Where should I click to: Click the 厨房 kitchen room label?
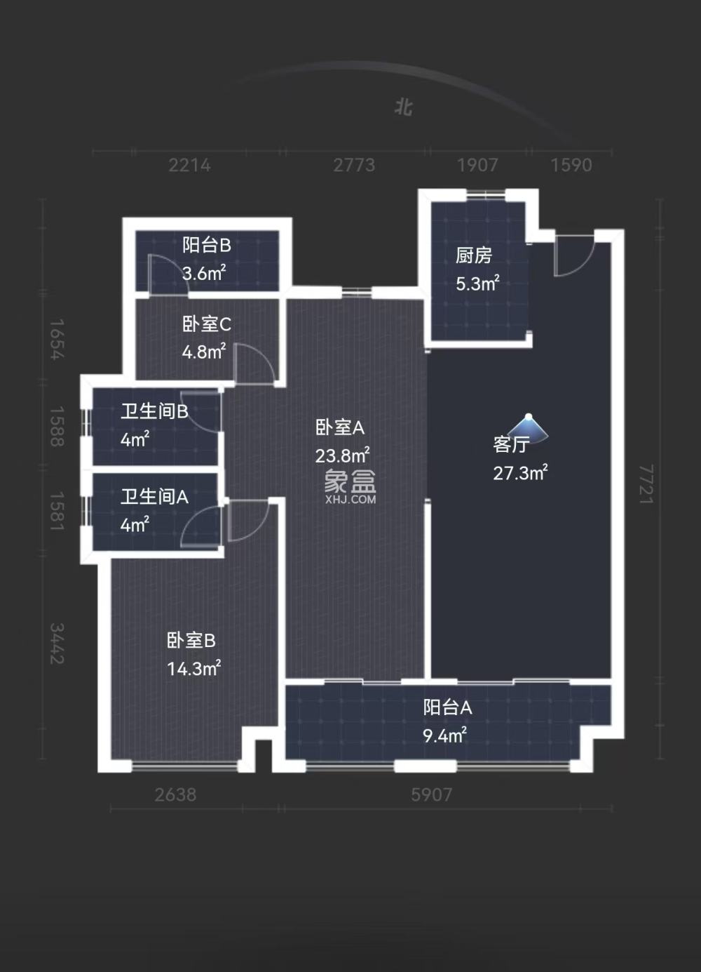(x=474, y=255)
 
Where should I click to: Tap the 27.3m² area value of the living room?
(x=520, y=472)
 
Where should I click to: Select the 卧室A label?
(x=340, y=427)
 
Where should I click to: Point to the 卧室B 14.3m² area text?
(x=194, y=668)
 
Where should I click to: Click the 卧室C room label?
(x=206, y=324)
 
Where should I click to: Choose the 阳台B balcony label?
(x=206, y=245)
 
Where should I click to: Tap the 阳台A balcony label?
(x=447, y=707)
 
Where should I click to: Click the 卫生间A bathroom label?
(x=154, y=497)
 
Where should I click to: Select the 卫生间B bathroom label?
(x=154, y=411)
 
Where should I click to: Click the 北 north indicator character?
(x=403, y=107)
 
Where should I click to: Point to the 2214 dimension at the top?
(x=189, y=165)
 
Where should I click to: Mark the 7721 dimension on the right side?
(x=646, y=484)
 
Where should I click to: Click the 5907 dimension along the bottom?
(x=431, y=794)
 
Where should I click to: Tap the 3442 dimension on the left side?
(x=57, y=644)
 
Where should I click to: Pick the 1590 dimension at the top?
(x=571, y=165)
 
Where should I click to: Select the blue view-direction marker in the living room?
(x=529, y=427)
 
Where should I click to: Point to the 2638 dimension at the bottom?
(x=175, y=794)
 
